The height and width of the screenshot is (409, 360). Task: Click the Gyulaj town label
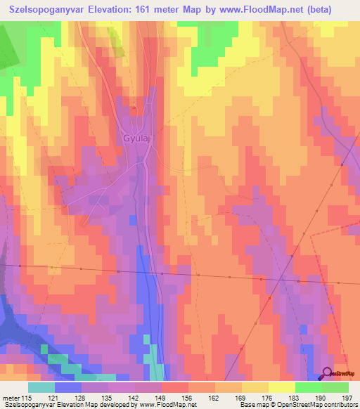click(x=137, y=138)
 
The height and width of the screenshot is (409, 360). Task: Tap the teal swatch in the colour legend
click(x=41, y=387)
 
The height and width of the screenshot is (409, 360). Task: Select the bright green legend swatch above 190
click(x=309, y=387)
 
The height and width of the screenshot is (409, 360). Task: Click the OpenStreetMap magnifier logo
click(x=327, y=374)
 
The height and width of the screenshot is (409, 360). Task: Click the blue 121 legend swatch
click(x=68, y=387)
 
